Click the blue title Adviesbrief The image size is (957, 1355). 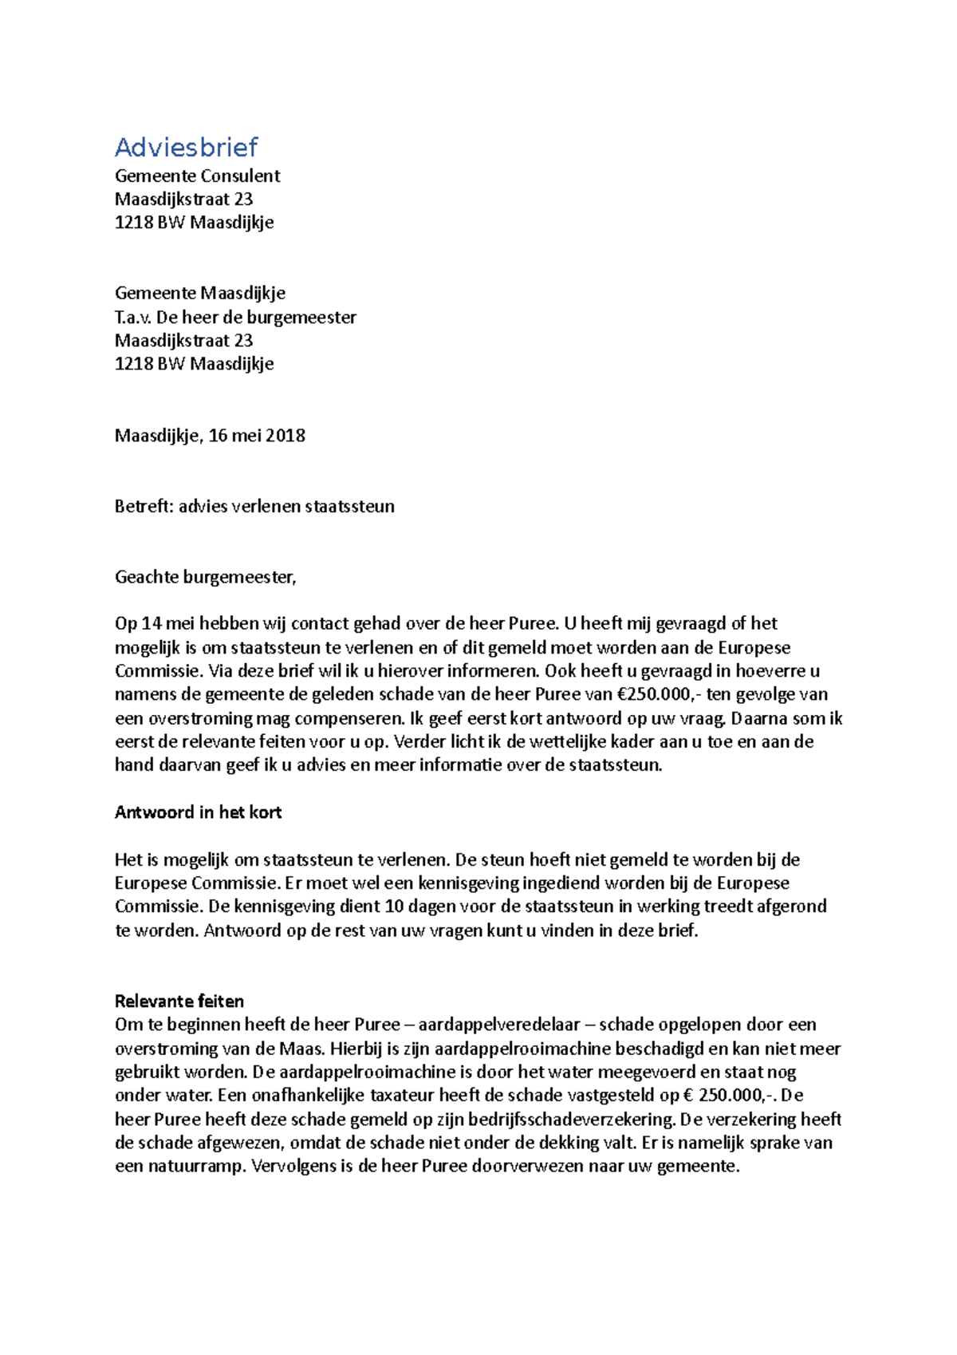(186, 147)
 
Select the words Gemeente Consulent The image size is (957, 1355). (197, 176)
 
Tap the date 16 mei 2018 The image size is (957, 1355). (257, 436)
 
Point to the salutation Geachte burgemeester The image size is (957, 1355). (205, 578)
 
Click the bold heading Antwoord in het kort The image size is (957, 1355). (198, 812)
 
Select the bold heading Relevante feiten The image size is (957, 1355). (179, 1001)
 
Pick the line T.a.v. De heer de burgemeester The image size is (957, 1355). (235, 318)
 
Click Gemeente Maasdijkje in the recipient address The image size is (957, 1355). (200, 294)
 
